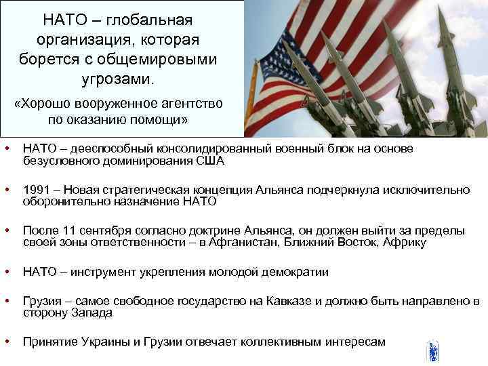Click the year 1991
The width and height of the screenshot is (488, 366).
[37, 190]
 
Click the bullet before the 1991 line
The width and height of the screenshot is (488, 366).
[6, 190]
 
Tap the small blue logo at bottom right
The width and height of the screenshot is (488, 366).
[433, 352]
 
